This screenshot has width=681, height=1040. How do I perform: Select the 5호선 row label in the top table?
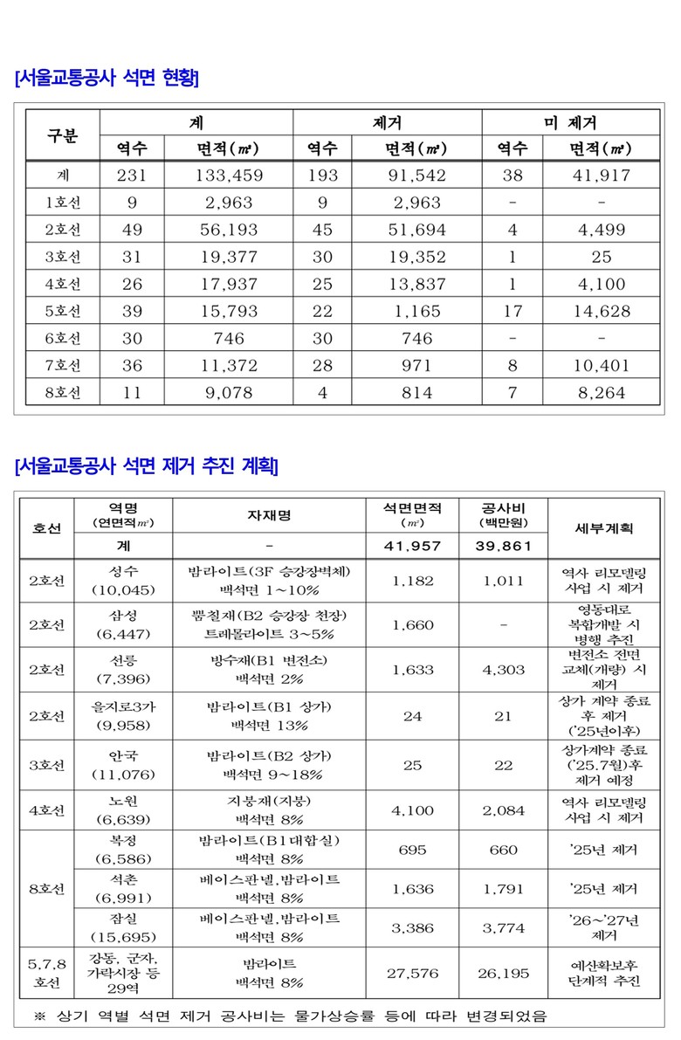pos(63,311)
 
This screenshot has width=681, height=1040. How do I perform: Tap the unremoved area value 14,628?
pos(601,311)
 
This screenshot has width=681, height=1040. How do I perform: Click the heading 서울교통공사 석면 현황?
pos(107,79)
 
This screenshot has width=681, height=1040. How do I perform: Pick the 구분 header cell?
pos(63,135)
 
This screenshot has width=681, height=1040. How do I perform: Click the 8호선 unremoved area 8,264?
pos(601,393)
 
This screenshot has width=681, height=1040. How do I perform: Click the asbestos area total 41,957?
pos(413,546)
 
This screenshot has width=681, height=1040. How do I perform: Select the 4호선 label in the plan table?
pos(47,810)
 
